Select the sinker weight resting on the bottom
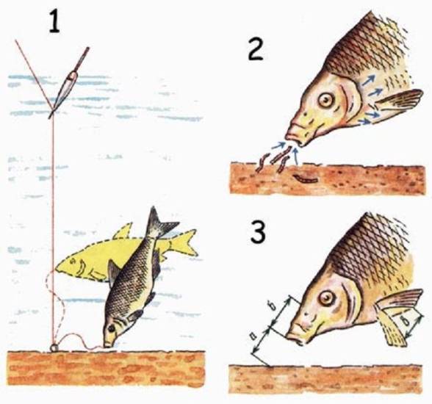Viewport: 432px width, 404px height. click(x=54, y=348)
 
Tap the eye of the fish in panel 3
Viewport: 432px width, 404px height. click(x=326, y=297)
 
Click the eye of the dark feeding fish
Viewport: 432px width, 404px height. click(x=112, y=328)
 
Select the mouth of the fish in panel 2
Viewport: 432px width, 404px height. click(x=293, y=139)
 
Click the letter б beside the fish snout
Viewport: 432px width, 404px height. click(x=274, y=307)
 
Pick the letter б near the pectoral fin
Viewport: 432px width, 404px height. click(x=408, y=321)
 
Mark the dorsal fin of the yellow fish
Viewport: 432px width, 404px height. click(x=123, y=231)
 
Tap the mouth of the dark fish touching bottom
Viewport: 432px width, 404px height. click(x=108, y=345)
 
